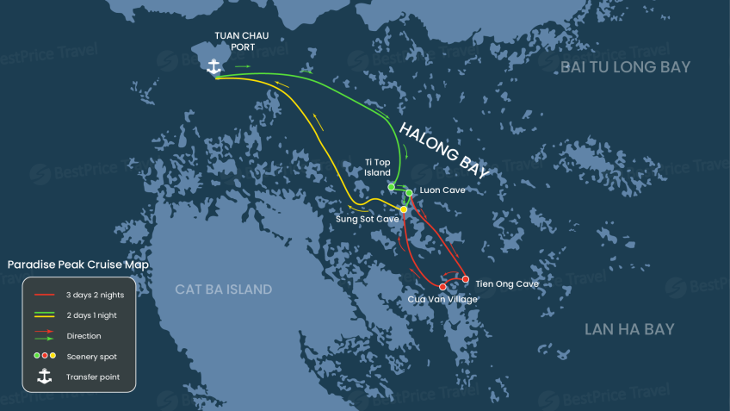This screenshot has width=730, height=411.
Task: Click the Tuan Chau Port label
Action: tap(243, 41)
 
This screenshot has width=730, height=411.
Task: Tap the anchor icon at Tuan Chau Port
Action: tap(215, 65)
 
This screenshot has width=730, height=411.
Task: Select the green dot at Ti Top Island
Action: tap(391, 186)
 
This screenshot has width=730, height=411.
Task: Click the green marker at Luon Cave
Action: tap(409, 193)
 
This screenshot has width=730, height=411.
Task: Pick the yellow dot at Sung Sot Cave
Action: tap(403, 209)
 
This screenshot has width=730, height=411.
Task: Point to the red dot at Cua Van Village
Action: tap(442, 287)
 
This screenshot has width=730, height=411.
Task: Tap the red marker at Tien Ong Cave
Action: tap(466, 279)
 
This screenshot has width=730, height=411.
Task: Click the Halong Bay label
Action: tap(444, 148)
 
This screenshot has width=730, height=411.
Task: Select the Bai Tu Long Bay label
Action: tap(625, 67)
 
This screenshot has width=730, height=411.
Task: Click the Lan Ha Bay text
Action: tap(629, 329)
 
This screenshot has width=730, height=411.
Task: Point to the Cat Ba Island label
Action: tap(224, 290)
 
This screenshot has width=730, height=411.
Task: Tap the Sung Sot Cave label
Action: tap(367, 220)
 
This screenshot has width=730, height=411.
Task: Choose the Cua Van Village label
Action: tap(442, 299)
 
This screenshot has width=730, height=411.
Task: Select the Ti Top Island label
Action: tap(378, 167)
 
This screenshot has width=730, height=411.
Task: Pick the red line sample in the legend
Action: tap(45, 295)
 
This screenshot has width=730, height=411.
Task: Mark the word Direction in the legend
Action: tap(84, 336)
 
